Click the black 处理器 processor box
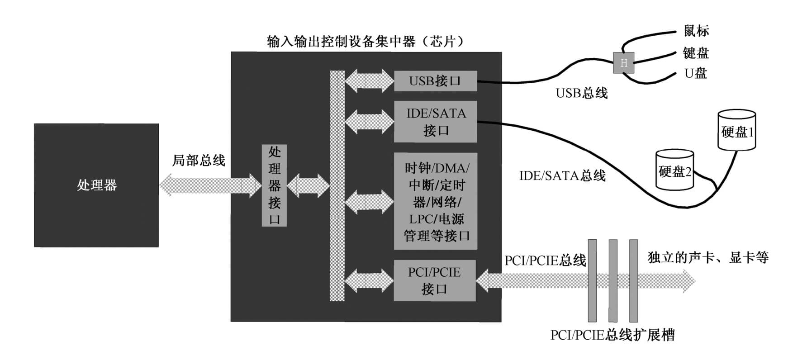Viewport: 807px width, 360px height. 96,185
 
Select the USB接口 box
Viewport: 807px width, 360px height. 435,81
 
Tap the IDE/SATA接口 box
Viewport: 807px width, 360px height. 436,122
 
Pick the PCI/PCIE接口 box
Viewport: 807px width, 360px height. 435,280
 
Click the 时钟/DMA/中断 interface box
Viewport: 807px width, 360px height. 436,201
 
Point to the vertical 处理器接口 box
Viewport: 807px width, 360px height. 274,185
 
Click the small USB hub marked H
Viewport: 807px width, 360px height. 623,63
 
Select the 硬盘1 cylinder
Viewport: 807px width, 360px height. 736,130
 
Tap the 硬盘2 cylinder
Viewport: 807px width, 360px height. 674,170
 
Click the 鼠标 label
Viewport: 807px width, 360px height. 696,31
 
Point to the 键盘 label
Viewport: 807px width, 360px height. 696,53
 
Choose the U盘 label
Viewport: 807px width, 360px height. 696,73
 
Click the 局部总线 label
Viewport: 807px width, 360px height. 199,160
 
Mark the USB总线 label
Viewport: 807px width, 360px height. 582,93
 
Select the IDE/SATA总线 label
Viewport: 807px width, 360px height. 562,175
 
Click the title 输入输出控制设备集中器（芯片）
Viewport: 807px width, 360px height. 366,42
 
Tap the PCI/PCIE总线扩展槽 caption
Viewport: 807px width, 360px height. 612,335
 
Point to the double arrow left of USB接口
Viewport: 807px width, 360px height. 369,81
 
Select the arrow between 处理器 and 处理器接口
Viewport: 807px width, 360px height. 210,185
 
